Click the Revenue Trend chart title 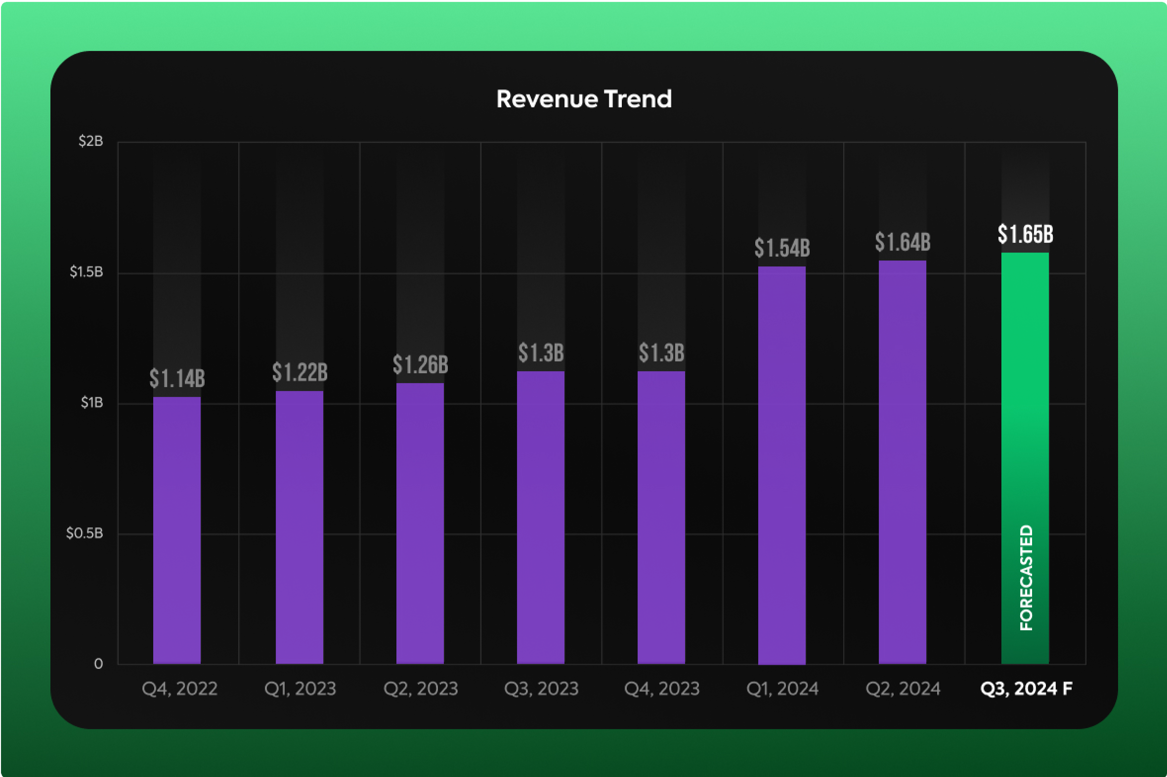[x=584, y=99]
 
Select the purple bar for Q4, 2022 [x=177, y=530]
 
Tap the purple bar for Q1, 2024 [x=781, y=466]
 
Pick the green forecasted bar [x=1025, y=396]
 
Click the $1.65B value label [x=1025, y=234]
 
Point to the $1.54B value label [x=781, y=248]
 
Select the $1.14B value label [x=177, y=379]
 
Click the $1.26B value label [x=420, y=365]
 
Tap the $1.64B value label [x=903, y=242]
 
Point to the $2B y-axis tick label [x=90, y=141]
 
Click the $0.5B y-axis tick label [x=85, y=533]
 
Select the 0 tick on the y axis [x=98, y=664]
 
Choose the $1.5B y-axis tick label [x=86, y=271]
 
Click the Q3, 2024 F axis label [x=1026, y=689]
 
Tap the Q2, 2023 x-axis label [x=420, y=689]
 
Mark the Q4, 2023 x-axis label [x=661, y=689]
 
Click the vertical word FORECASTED [x=1026, y=578]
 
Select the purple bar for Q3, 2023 [x=541, y=518]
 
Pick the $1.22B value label [x=300, y=372]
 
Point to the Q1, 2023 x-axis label [x=300, y=689]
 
